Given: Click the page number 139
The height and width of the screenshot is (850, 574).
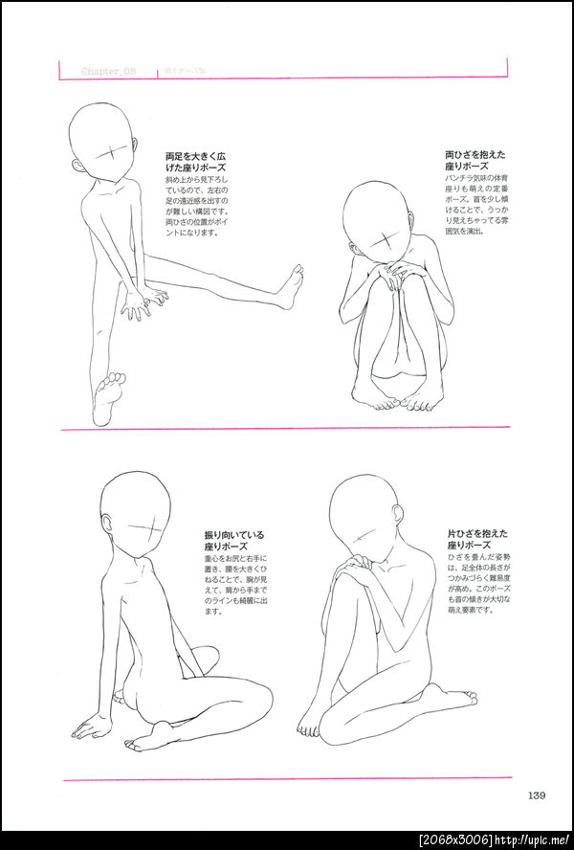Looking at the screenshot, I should click(536, 794).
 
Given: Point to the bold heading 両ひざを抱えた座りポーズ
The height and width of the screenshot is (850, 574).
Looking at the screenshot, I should click(475, 160).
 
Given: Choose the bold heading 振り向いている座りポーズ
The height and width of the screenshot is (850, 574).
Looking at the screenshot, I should click(233, 541).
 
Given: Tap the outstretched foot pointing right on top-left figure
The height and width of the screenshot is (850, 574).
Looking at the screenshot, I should click(289, 287).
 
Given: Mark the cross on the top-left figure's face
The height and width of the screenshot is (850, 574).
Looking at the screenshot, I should click(115, 154).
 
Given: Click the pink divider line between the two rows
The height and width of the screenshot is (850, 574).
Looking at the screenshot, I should click(287, 429).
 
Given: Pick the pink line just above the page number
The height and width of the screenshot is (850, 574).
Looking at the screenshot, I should click(287, 778).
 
